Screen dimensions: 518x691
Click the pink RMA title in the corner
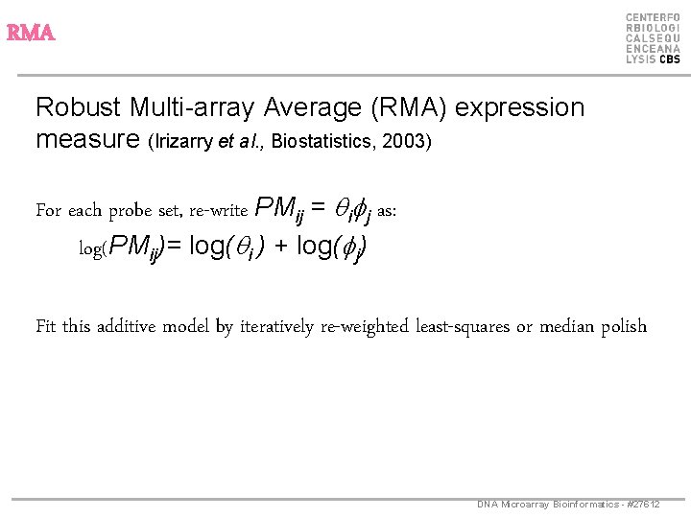pyautogui.click(x=31, y=34)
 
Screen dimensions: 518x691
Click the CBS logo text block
pyautogui.click(x=653, y=38)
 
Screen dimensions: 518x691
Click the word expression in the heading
pyautogui.click(x=520, y=107)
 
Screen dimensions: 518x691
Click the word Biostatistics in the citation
pyautogui.click(x=323, y=142)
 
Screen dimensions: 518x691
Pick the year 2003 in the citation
pyautogui.click(x=407, y=142)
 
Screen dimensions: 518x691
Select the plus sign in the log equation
pyautogui.click(x=281, y=247)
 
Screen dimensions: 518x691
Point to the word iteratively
pyautogui.click(x=283, y=326)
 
